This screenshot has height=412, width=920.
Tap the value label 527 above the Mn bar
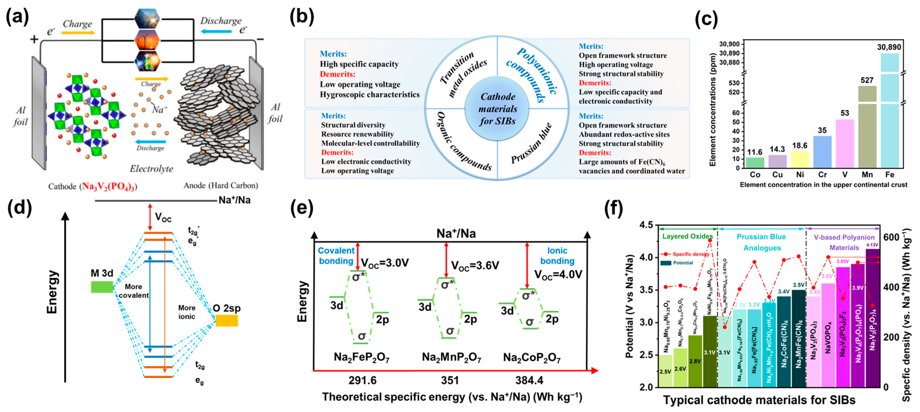(x=867, y=80)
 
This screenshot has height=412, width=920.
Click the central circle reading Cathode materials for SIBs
(x=498, y=109)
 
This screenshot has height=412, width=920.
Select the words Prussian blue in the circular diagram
(x=531, y=143)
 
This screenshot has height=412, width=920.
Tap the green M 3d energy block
(x=102, y=287)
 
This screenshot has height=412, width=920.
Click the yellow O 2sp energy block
(x=226, y=321)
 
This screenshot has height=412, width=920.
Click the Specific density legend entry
(x=690, y=254)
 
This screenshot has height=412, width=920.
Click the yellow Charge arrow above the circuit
(x=78, y=33)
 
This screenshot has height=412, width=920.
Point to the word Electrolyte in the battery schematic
(x=151, y=169)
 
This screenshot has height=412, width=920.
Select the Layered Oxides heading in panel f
(x=687, y=236)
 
